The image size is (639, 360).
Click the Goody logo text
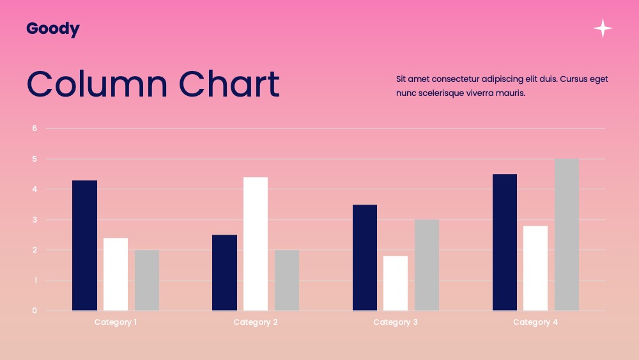[x=53, y=29]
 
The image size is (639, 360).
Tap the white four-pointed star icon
[x=603, y=28]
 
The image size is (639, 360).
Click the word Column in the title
[x=97, y=84]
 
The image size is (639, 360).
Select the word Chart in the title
[x=229, y=84]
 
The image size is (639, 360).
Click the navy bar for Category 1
[x=85, y=246]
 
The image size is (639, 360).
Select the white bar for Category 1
[x=116, y=274]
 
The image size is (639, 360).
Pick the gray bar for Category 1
[x=147, y=281]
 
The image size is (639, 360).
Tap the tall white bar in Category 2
[x=256, y=244]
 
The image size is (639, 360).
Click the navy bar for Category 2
[x=224, y=273]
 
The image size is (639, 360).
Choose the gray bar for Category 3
[x=427, y=265]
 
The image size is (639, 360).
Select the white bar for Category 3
[x=396, y=283]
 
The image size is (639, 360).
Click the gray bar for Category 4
[x=566, y=235]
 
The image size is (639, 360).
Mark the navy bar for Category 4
[x=505, y=242]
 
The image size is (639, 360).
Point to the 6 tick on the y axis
[x=35, y=129]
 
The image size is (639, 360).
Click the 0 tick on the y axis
[x=35, y=311]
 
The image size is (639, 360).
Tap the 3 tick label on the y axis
[x=35, y=220]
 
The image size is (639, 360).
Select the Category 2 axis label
[x=256, y=322]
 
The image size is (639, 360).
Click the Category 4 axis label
[x=535, y=322]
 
